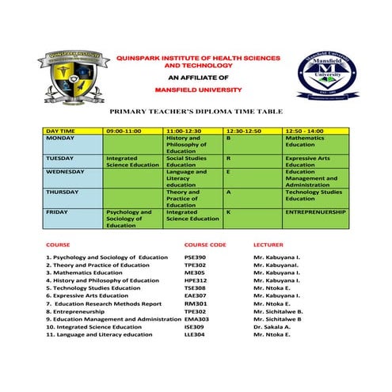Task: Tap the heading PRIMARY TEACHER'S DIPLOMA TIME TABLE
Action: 196,113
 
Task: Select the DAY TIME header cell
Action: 61,129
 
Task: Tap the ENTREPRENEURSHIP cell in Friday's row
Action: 315,212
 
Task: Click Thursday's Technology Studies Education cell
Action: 314,196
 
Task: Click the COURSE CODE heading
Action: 204,245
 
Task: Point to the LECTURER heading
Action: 268,245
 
